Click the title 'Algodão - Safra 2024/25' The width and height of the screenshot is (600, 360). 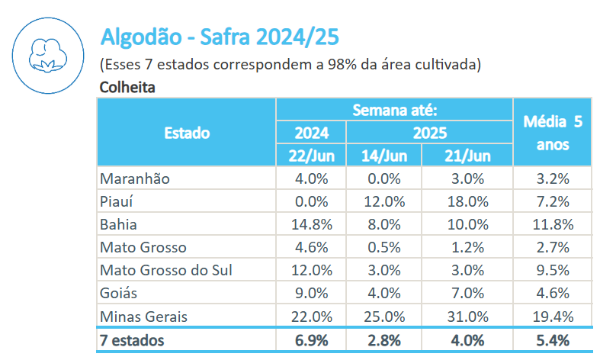(x=220, y=37)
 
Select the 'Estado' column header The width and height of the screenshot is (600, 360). (x=187, y=133)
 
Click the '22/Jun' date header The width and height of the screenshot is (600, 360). (x=311, y=156)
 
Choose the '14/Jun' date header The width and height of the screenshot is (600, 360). (x=383, y=156)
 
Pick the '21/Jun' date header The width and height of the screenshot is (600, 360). (x=467, y=156)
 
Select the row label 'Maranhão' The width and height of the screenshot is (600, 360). (x=134, y=179)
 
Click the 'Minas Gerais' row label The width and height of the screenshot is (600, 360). (x=143, y=316)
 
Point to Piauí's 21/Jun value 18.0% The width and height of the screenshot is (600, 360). (x=467, y=202)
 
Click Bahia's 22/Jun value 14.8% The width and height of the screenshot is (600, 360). (x=311, y=225)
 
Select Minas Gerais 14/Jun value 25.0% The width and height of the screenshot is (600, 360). (x=383, y=316)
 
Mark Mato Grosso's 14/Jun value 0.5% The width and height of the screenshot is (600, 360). (x=383, y=247)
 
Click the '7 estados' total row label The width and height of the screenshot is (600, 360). (x=133, y=339)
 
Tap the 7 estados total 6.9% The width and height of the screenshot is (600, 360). (x=311, y=339)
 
